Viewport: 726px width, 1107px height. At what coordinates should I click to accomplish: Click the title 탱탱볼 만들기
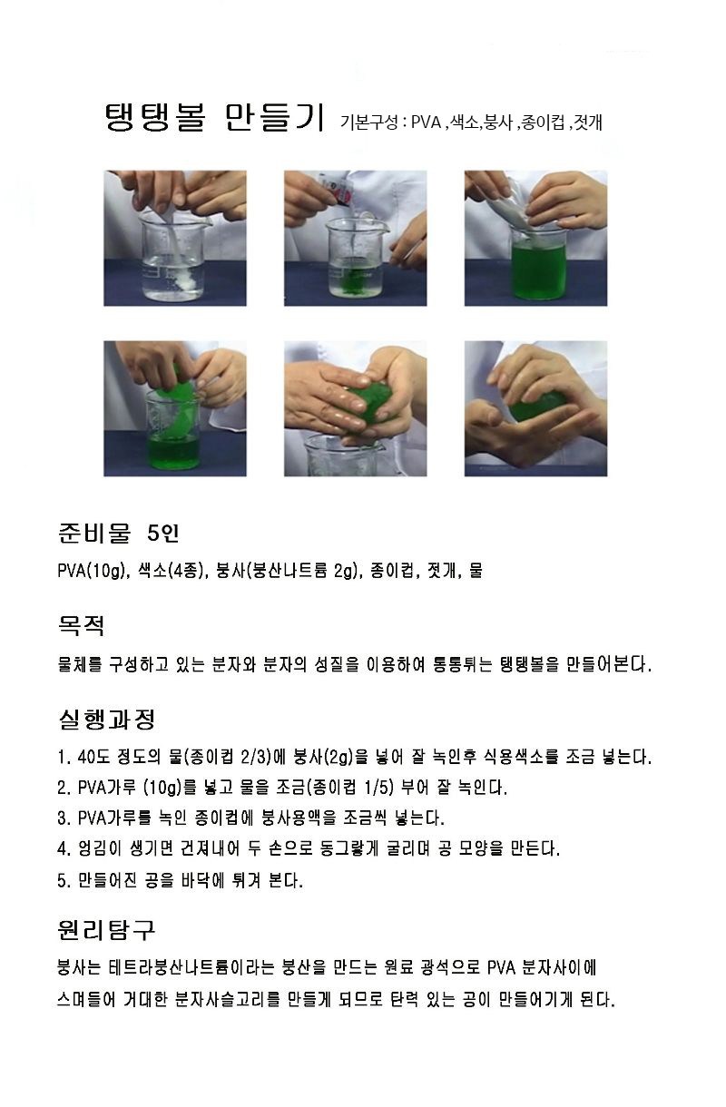click(215, 118)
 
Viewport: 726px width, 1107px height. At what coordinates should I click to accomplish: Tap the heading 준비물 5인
click(119, 534)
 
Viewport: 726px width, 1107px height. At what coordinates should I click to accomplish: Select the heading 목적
click(82, 626)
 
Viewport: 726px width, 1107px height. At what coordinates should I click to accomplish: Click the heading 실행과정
click(107, 720)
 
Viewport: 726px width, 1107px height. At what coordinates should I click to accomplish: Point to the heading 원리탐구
click(107, 930)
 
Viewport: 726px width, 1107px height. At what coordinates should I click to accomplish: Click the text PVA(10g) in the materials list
click(92, 571)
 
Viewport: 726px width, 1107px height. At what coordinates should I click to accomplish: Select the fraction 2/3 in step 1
click(253, 757)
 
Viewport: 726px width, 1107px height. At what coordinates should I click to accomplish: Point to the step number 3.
click(62, 818)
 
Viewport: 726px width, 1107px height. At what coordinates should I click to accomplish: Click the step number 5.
click(62, 880)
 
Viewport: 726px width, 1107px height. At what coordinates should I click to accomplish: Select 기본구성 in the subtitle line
click(368, 122)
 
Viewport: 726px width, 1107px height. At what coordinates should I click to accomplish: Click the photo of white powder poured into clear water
click(175, 239)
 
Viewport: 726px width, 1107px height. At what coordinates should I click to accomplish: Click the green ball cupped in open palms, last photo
click(539, 406)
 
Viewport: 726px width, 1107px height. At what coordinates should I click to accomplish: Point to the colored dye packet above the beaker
click(338, 190)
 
